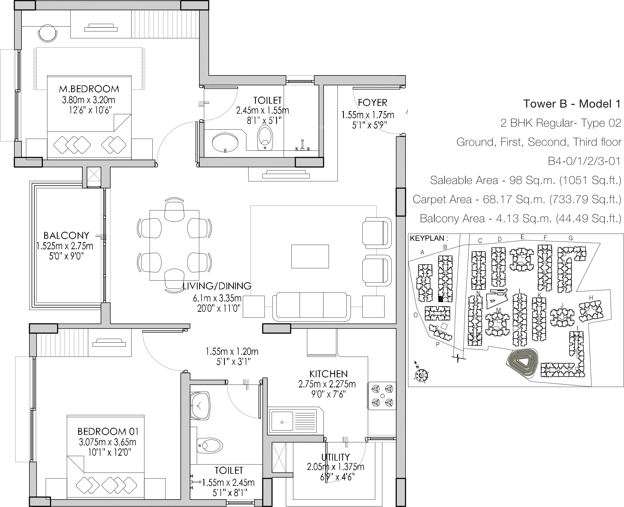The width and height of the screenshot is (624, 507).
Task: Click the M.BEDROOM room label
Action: (x=89, y=89)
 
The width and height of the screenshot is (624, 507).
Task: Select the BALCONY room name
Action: (x=66, y=235)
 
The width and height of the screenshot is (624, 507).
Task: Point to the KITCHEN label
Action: (x=328, y=374)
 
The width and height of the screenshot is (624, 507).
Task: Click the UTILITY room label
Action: (x=335, y=457)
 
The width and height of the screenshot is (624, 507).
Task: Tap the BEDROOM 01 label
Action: (x=108, y=431)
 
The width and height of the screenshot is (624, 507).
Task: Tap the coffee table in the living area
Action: (x=310, y=256)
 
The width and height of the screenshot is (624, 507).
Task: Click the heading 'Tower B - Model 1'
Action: (x=572, y=104)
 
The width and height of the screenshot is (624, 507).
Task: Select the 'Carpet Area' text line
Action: (x=517, y=199)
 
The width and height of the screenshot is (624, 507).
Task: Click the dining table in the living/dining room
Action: (x=174, y=245)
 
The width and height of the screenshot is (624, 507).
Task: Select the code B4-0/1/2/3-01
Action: (x=584, y=161)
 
